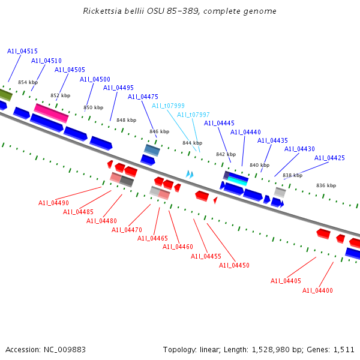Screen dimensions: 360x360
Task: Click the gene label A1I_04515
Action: click(x=22, y=52)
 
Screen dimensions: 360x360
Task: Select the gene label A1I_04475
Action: click(x=143, y=97)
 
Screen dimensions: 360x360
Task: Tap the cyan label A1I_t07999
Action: click(x=168, y=106)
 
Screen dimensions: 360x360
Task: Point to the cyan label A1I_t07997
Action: click(x=193, y=115)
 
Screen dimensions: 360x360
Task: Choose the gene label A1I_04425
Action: click(x=329, y=158)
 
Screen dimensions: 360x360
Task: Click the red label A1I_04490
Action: click(x=53, y=203)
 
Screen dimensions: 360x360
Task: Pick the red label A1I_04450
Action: click(x=234, y=265)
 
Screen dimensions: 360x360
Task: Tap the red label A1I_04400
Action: click(x=317, y=290)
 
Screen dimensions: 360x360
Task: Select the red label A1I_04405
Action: click(x=286, y=281)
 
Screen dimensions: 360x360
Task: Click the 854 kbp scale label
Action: click(x=28, y=82)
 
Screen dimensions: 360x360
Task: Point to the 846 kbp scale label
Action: click(x=159, y=131)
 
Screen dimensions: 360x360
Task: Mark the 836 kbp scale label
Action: click(x=326, y=185)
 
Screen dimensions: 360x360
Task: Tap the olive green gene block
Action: click(x=5, y=95)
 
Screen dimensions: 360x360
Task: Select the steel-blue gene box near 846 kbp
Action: click(x=152, y=149)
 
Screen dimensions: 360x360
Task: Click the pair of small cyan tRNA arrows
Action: click(x=190, y=174)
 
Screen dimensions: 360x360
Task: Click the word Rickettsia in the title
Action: click(x=103, y=11)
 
